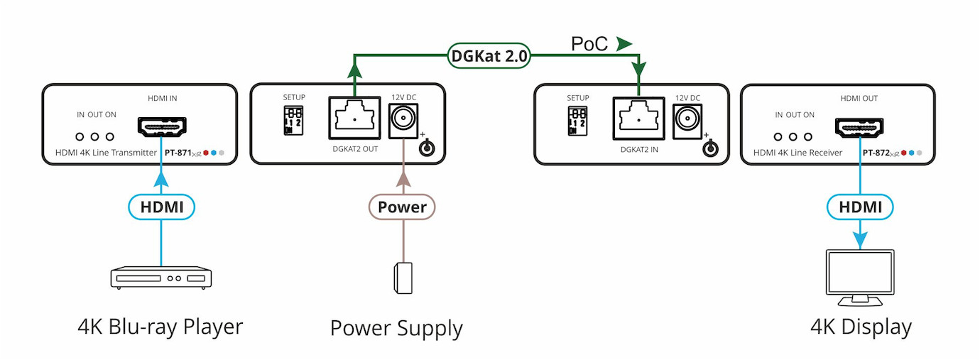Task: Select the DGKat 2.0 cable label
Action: (489, 56)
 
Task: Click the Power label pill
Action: (402, 207)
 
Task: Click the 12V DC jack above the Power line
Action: (403, 117)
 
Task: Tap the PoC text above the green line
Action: (589, 44)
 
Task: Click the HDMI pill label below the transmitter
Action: (161, 207)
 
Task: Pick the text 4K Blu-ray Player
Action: (160, 327)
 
